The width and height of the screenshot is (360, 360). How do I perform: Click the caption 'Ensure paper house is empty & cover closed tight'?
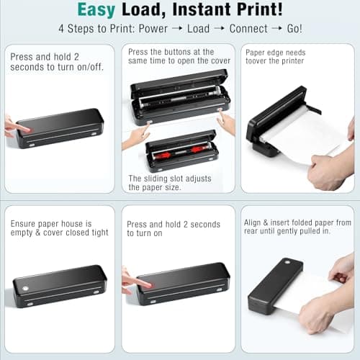[59, 228]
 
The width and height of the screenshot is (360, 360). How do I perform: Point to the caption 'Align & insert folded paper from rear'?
[297, 228]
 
